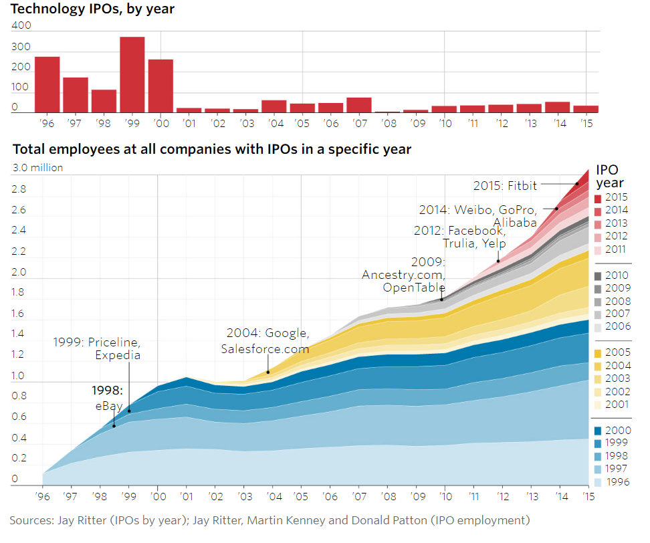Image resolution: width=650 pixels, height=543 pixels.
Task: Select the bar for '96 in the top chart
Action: click(47, 84)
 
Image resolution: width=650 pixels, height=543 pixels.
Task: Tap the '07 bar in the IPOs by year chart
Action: click(359, 105)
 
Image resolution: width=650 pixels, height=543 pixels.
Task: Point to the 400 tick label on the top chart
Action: click(22, 25)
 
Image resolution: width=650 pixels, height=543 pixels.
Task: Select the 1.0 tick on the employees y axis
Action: click(18, 376)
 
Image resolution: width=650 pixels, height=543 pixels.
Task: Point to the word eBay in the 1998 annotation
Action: click(108, 406)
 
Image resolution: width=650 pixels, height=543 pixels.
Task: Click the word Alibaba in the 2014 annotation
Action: click(514, 222)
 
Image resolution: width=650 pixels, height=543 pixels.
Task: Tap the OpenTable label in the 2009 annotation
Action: click(414, 288)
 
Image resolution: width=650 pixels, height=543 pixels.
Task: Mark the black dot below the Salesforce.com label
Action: click(267, 372)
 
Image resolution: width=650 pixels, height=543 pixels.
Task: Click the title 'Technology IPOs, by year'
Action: click(93, 9)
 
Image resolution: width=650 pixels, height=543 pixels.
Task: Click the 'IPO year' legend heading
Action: click(609, 176)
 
